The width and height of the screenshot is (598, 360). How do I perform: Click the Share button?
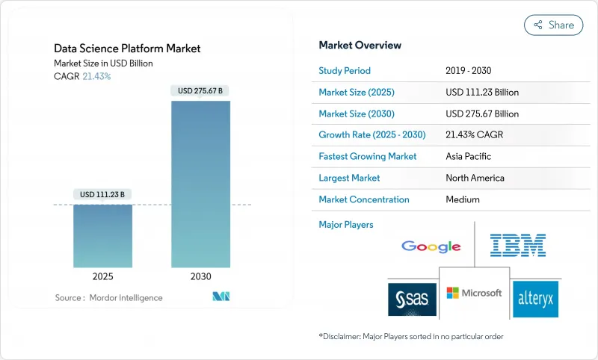[554, 25]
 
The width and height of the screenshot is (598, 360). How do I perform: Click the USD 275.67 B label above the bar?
[200, 91]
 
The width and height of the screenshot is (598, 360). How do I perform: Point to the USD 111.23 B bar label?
[102, 195]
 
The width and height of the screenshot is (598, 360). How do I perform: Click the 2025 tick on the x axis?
[102, 276]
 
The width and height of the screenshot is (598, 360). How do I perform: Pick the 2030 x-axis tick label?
[200, 276]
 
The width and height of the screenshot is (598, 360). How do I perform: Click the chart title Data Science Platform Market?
[127, 49]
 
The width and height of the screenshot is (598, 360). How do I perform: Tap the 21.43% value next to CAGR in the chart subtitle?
[95, 76]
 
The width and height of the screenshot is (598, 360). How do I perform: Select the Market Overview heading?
[360, 46]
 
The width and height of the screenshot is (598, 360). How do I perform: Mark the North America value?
[475, 178]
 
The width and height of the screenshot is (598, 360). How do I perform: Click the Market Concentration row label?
[364, 199]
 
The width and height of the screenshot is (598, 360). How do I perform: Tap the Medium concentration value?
[462, 199]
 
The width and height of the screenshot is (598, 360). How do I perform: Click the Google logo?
[431, 246]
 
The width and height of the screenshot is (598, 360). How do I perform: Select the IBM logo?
[517, 245]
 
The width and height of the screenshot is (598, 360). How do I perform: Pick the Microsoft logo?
[474, 293]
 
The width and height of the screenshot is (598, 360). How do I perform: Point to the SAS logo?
[411, 300]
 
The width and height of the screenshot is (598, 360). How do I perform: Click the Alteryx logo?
[535, 300]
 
